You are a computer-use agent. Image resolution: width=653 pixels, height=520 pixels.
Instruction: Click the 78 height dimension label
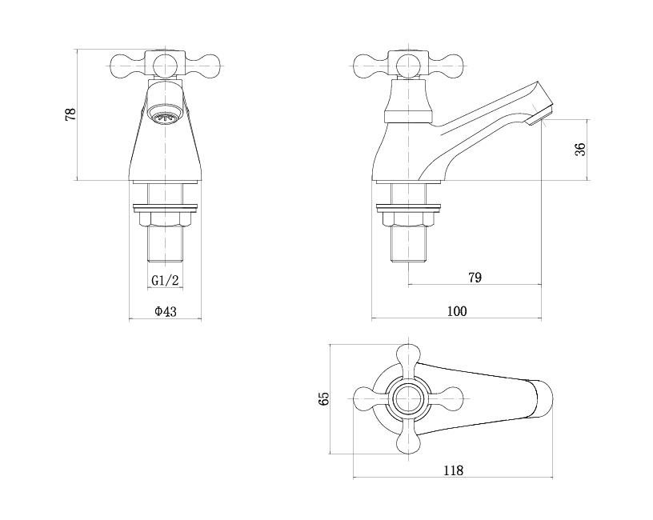point(71,114)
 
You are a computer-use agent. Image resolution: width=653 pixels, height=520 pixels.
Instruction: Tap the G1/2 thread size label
point(165,280)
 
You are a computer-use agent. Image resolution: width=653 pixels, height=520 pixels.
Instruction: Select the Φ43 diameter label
point(166,311)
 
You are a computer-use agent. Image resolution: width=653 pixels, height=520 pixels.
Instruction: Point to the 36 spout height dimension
point(580,150)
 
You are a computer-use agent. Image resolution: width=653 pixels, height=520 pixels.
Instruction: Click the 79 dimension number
point(475,278)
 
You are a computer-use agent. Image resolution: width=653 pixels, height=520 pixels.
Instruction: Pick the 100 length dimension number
point(457,311)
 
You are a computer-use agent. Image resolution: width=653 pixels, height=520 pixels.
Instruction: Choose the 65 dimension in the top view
point(323,398)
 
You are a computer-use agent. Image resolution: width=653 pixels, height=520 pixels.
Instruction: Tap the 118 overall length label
point(453,470)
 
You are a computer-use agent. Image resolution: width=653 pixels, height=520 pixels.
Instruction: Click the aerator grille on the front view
point(166,118)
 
